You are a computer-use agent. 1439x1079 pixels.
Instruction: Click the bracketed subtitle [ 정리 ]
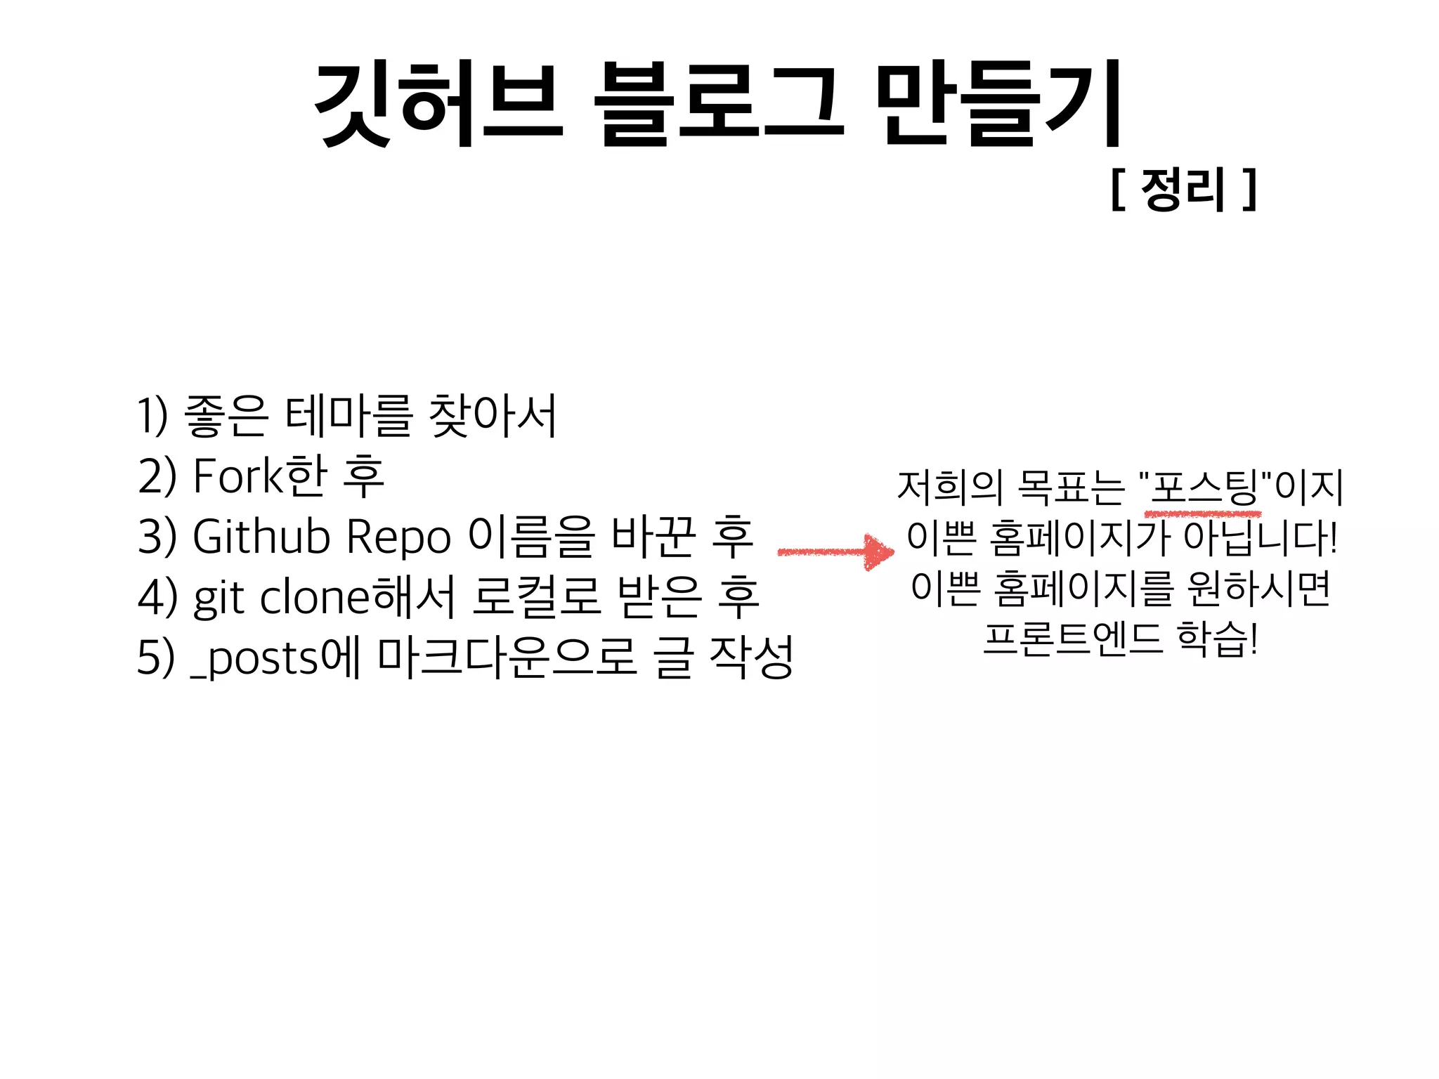click(x=1184, y=189)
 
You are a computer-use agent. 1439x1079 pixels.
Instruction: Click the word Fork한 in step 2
click(x=260, y=476)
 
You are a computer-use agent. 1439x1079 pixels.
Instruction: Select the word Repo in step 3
click(x=398, y=537)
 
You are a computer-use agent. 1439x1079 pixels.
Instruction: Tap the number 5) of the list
click(x=155, y=658)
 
